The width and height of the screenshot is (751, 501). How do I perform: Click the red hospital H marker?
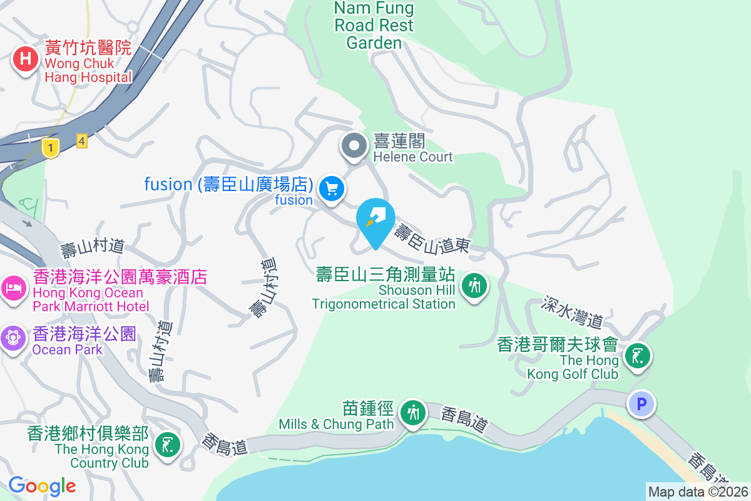pyautogui.click(x=25, y=59)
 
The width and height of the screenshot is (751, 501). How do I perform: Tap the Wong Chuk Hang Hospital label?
pyautogui.click(x=88, y=63)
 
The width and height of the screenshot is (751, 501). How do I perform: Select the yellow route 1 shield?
pyautogui.click(x=51, y=148)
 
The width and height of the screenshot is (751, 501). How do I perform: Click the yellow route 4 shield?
pyautogui.click(x=81, y=140)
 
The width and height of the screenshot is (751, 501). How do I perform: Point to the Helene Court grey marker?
pyautogui.click(x=354, y=147)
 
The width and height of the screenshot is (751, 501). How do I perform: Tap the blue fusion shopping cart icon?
pyautogui.click(x=332, y=188)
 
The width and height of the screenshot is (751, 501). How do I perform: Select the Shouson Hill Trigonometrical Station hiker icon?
pyautogui.click(x=474, y=286)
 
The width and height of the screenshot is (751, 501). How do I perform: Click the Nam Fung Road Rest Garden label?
pyautogui.click(x=374, y=25)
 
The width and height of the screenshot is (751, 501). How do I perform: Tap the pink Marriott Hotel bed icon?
pyautogui.click(x=13, y=288)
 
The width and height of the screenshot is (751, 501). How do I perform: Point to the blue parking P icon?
pyautogui.click(x=641, y=404)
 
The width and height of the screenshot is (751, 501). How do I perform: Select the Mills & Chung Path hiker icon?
pyautogui.click(x=413, y=413)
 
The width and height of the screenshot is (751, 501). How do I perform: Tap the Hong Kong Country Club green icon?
pyautogui.click(x=167, y=445)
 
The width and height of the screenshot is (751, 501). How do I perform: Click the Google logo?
pyautogui.click(x=42, y=485)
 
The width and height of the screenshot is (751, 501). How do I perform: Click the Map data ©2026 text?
pyautogui.click(x=698, y=492)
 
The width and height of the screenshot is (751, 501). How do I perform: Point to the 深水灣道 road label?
pyautogui.click(x=573, y=312)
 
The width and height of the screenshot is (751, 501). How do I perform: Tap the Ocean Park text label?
pyautogui.click(x=68, y=349)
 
